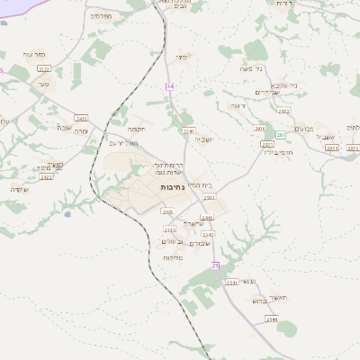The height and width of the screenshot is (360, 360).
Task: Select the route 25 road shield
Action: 215,265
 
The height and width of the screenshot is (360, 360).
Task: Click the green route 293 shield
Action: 280,135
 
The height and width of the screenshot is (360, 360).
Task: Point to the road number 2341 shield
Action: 189,130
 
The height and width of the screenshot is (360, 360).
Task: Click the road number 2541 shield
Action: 231,283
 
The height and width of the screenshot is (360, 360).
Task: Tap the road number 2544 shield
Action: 271,319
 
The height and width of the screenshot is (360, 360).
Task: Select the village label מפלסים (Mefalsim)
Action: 102,15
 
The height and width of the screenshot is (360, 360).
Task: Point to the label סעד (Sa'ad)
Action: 42,84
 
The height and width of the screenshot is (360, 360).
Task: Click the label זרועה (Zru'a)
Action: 238,106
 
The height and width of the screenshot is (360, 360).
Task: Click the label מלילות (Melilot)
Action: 174,258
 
